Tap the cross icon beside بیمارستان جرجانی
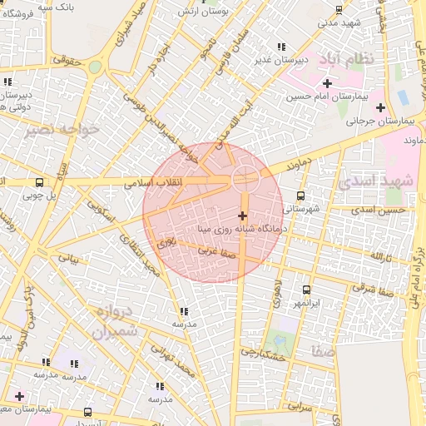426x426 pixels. tap(381, 107)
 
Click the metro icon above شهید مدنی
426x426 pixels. tap(338, 9)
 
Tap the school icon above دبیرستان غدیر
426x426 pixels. tap(283, 47)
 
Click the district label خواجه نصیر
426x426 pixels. tap(62, 129)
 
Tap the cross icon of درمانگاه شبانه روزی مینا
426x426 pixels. tap(242, 215)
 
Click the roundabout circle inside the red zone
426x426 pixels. tap(245, 176)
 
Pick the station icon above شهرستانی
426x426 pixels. tap(300, 196)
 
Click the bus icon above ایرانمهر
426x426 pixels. tap(306, 290)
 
